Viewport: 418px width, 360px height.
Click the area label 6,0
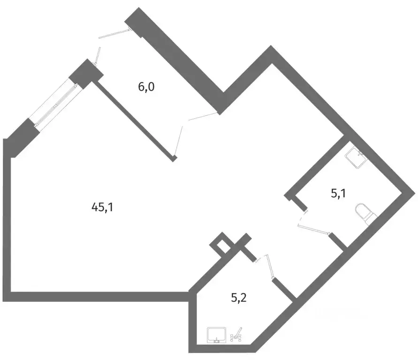tap(146, 87)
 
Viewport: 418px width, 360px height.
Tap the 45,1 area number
tap(102, 207)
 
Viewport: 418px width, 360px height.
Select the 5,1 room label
tap(338, 193)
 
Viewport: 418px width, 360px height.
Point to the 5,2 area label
tap(239, 298)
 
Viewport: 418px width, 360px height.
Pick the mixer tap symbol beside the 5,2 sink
tap(236, 335)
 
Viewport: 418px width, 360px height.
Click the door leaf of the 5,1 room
tap(314, 230)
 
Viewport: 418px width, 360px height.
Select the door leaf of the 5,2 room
tap(270, 267)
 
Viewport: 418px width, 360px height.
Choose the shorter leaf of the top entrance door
tap(98, 55)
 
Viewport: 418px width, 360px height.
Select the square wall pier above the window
tap(86, 74)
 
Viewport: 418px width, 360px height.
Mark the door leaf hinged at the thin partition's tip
tap(179, 141)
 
